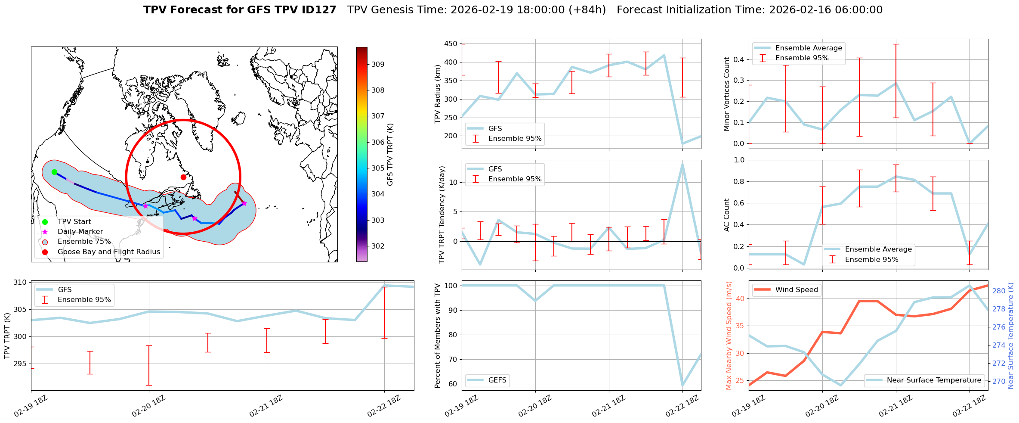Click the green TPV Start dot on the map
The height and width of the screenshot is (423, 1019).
point(54,172)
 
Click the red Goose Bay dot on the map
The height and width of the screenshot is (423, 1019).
point(183,177)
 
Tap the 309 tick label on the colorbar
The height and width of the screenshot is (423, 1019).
point(378,64)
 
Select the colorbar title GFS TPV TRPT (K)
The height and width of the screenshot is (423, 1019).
point(390,155)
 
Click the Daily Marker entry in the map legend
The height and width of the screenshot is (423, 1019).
point(80,232)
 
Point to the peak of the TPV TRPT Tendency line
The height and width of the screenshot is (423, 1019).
point(682,164)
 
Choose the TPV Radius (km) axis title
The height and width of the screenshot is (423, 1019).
point(438,94)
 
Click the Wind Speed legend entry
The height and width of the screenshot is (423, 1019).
point(796,290)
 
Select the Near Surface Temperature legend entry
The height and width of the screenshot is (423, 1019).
point(934,380)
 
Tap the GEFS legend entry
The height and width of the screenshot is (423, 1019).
point(497,380)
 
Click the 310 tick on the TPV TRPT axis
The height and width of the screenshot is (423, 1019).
point(21,283)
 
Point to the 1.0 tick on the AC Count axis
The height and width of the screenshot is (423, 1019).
point(738,160)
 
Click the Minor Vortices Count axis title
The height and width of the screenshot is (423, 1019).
point(727,94)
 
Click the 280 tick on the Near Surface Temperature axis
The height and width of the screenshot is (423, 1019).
point(999,291)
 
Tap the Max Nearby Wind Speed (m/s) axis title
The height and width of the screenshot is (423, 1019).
point(729,336)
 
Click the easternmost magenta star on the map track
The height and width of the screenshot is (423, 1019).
point(244,203)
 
